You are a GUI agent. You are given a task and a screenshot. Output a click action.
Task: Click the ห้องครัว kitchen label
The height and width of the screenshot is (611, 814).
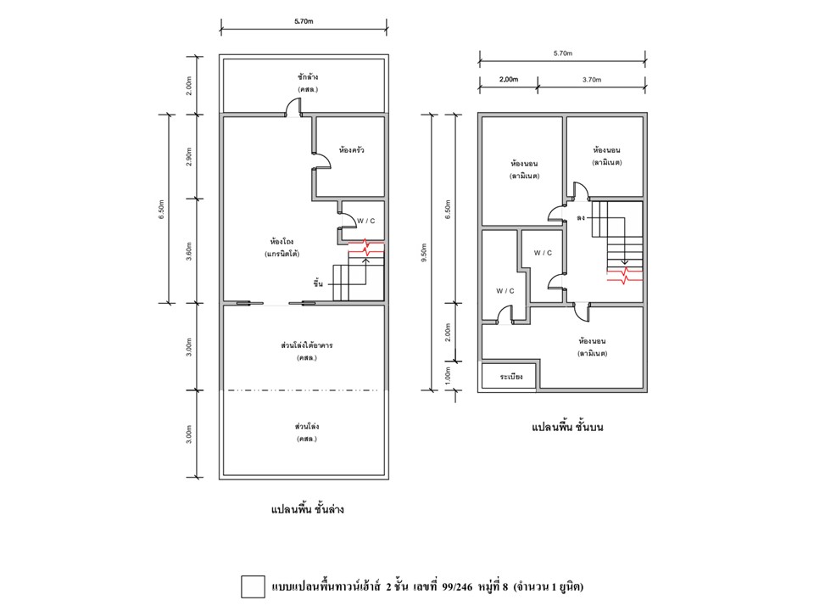click(x=351, y=150)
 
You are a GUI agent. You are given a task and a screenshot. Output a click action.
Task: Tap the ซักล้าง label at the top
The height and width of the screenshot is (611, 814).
click(x=308, y=77)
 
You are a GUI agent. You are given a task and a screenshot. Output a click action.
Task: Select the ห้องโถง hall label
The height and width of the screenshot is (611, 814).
click(x=282, y=242)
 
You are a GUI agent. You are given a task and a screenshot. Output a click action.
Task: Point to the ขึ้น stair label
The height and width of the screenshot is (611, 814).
click(x=318, y=283)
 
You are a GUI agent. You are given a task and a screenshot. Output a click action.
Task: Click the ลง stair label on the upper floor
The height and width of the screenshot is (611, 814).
click(x=581, y=218)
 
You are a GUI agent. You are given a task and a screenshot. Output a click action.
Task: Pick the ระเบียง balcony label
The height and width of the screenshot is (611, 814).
click(x=510, y=376)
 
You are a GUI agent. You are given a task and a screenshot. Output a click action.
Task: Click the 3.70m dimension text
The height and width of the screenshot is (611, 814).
click(x=592, y=80)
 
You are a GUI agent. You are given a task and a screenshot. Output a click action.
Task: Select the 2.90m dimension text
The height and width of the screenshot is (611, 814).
click(x=189, y=156)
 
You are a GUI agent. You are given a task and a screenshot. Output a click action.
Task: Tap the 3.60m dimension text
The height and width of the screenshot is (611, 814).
click(x=189, y=251)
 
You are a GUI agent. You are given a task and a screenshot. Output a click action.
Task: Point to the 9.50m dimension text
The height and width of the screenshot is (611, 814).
click(x=424, y=253)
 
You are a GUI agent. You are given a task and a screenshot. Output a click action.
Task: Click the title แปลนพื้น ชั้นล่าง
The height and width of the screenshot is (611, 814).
click(x=307, y=508)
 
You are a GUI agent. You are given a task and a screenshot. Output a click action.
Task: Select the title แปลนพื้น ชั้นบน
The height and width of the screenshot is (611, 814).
click(x=567, y=427)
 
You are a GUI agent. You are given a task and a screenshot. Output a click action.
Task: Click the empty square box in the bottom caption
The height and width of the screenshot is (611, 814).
click(x=253, y=586)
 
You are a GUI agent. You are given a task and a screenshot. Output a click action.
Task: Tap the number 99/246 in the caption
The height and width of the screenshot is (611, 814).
click(x=457, y=587)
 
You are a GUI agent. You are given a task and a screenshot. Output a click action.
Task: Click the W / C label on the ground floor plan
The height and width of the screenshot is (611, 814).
click(x=366, y=221)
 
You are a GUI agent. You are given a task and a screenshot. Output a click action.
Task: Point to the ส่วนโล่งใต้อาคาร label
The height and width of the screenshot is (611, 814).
click(x=307, y=345)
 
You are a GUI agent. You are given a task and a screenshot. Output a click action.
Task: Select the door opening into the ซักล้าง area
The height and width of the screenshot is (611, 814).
click(x=293, y=108)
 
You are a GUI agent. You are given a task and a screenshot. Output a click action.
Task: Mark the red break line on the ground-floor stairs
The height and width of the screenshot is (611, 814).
click(x=366, y=247)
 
